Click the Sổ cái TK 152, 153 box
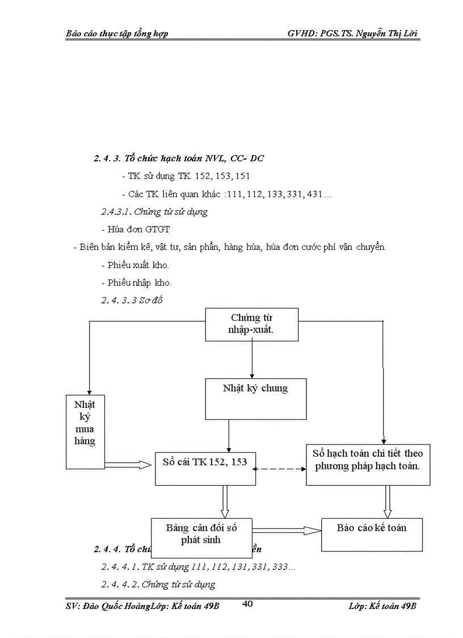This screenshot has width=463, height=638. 205,468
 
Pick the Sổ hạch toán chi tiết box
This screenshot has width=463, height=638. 368,464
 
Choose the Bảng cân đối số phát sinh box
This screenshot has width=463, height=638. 201,537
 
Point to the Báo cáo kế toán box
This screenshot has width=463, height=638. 372,535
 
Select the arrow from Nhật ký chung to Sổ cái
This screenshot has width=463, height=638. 229,435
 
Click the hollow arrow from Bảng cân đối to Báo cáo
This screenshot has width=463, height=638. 287,531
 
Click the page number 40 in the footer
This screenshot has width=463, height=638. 247,604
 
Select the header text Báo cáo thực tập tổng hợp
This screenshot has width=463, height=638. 117,34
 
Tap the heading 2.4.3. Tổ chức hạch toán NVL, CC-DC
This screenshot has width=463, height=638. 179,159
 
